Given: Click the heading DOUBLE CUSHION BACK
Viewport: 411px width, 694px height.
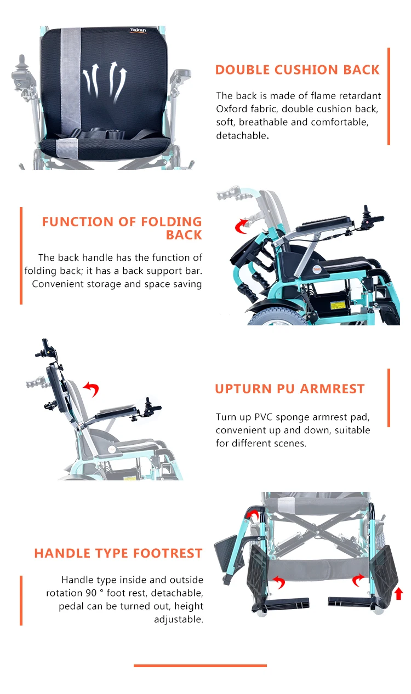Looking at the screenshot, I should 297,70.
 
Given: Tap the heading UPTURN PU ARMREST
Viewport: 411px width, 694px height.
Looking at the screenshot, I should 289,389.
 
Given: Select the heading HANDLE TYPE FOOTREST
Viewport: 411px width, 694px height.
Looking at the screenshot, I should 118,553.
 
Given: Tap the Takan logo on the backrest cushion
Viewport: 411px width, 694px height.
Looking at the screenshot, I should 138,31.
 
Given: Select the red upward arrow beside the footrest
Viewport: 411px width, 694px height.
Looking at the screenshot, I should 398,593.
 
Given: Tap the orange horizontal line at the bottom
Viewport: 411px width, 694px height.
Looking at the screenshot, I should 200,666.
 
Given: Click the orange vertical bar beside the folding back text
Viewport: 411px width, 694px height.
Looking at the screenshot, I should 21,255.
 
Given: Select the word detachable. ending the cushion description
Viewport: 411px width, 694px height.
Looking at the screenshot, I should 242,135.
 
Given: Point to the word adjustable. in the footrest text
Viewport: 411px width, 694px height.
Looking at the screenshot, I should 179,620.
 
